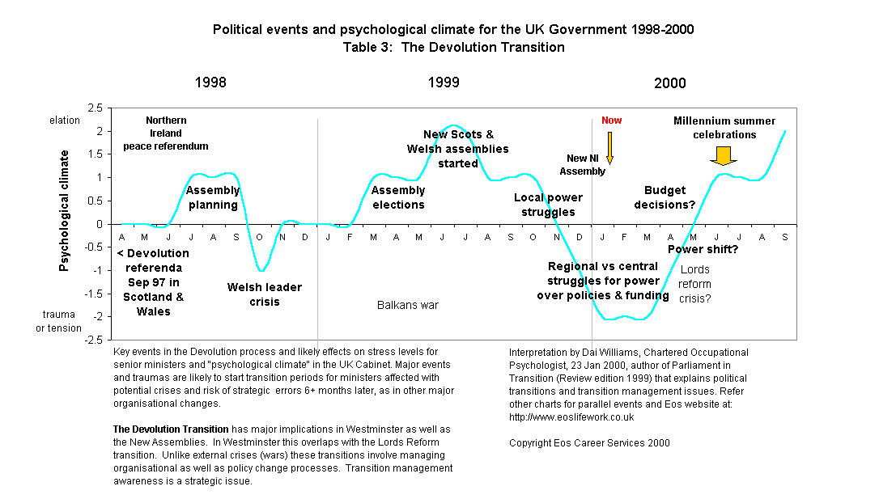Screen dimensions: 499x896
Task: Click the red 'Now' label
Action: click(611, 121)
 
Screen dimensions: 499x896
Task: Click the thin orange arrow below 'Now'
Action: click(610, 146)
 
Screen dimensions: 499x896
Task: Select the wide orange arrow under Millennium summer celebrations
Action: click(724, 155)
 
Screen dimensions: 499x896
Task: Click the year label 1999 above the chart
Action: click(444, 82)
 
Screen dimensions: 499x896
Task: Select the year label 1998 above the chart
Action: click(210, 82)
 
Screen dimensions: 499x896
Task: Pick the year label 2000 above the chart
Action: click(669, 82)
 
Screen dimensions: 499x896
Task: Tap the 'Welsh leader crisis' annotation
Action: click(265, 294)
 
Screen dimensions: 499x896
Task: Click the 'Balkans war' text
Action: click(408, 305)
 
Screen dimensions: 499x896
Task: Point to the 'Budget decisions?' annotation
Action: click(669, 197)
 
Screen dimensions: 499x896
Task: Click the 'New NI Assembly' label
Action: click(586, 164)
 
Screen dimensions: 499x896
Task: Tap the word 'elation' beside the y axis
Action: click(65, 121)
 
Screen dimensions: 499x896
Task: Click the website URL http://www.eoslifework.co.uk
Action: click(571, 418)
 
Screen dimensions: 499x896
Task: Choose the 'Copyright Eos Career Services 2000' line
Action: click(589, 442)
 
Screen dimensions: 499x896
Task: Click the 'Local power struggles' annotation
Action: click(548, 205)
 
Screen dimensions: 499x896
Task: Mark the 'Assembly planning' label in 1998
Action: click(213, 197)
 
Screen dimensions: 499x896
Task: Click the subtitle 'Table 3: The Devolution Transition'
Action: click(453, 47)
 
